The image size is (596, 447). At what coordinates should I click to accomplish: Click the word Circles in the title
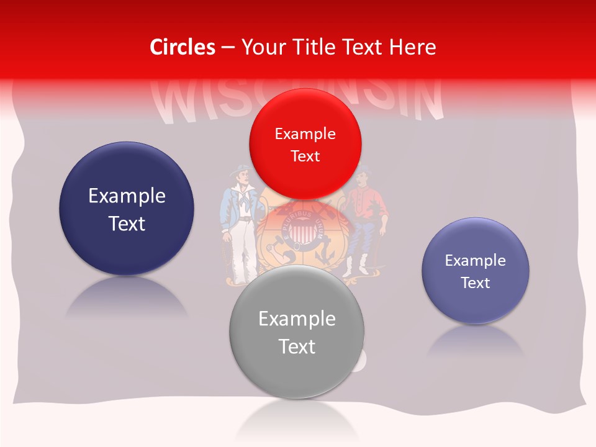183,47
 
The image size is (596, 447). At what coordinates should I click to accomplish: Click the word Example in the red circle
305,134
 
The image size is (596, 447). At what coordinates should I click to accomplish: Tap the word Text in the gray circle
297,346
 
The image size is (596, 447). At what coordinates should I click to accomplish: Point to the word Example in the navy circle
127,196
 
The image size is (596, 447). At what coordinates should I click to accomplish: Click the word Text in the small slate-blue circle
476,283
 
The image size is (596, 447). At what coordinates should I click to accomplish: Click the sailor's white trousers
242,251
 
